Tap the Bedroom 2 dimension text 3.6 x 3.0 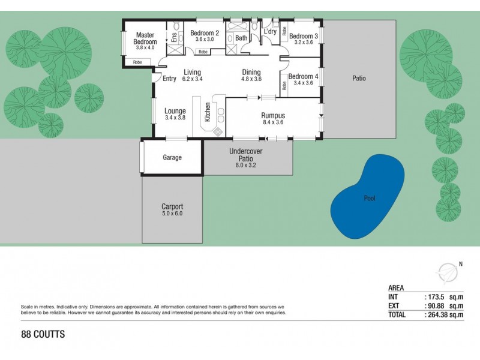tap(205, 40)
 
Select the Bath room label tap(241, 38)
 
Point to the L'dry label tap(269, 31)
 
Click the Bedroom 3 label tap(303, 36)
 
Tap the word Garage tap(172, 158)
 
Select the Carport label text tap(172, 206)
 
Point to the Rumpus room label tap(272, 115)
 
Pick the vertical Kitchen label tap(208, 112)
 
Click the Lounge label tap(175, 110)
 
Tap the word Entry tap(169, 79)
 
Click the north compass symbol tap(448, 272)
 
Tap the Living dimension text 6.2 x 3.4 tap(193, 79)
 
